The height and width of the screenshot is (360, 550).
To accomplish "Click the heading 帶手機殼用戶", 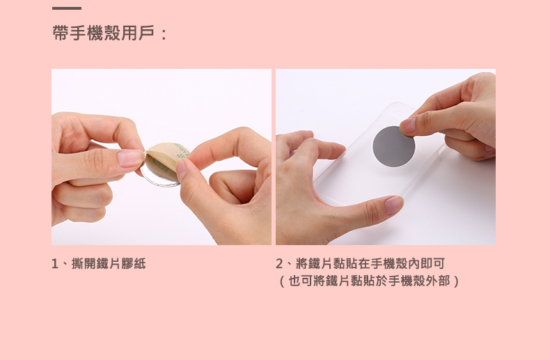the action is coord(104,33).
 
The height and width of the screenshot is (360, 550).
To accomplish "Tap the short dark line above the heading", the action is coord(67,8).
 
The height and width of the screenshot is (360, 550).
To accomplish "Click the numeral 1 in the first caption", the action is coord(55,264).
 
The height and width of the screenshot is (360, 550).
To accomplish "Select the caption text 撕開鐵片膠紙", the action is coord(109,263).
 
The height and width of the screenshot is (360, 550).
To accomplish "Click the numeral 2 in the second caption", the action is coord(279,264).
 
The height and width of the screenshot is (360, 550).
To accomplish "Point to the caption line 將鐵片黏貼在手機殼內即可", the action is coord(370,263).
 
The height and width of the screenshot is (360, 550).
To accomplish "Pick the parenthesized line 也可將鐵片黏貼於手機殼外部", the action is coord(369,281).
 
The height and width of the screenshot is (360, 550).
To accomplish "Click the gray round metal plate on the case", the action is coord(393,146).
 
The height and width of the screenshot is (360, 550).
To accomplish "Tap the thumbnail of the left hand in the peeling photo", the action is coord(130,158).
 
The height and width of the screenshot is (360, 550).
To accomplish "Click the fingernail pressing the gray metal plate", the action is coord(407,125).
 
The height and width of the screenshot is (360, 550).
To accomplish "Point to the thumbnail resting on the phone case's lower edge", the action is coord(394,205).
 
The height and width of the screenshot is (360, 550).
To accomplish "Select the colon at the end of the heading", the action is coord(163,33).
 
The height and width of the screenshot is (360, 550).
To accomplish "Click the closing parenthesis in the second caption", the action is coord(455,281).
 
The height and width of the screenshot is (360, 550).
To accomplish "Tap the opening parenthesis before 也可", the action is coord(282,281).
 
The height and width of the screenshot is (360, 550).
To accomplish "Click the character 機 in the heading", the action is coord(95,33).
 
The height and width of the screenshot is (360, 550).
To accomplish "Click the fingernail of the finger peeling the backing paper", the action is coord(181,170).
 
